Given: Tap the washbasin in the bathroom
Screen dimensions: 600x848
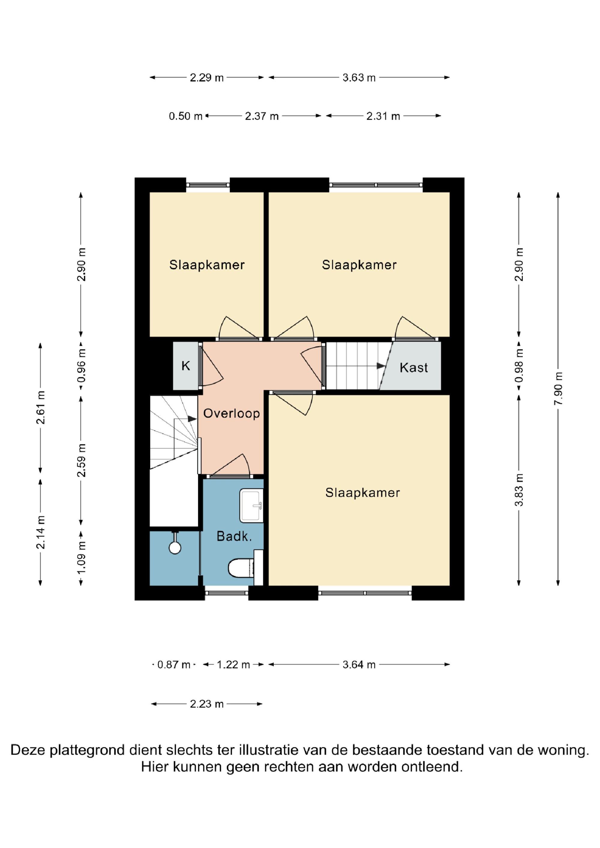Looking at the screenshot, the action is (251, 505).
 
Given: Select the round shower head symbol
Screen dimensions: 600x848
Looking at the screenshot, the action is (175, 547).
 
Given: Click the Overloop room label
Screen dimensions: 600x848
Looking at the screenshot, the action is (231, 413).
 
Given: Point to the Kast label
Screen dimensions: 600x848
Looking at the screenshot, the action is (414, 367).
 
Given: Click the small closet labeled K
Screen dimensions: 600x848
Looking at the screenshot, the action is (186, 366).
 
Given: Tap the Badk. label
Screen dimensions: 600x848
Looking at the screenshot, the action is (234, 536).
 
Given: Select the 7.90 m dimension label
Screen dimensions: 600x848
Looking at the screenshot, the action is (558, 388).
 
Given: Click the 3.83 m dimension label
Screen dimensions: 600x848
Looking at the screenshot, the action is (519, 490).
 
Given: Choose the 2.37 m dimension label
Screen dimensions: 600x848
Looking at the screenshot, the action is (262, 116).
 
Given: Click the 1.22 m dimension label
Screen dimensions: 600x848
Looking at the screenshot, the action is (233, 665).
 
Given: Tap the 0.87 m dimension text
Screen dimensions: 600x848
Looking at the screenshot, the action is (174, 665).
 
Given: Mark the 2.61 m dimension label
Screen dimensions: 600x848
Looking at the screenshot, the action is (41, 407).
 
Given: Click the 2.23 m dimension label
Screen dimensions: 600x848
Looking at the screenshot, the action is (207, 704).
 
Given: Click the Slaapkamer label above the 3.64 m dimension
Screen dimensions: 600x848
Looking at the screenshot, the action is (362, 493).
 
